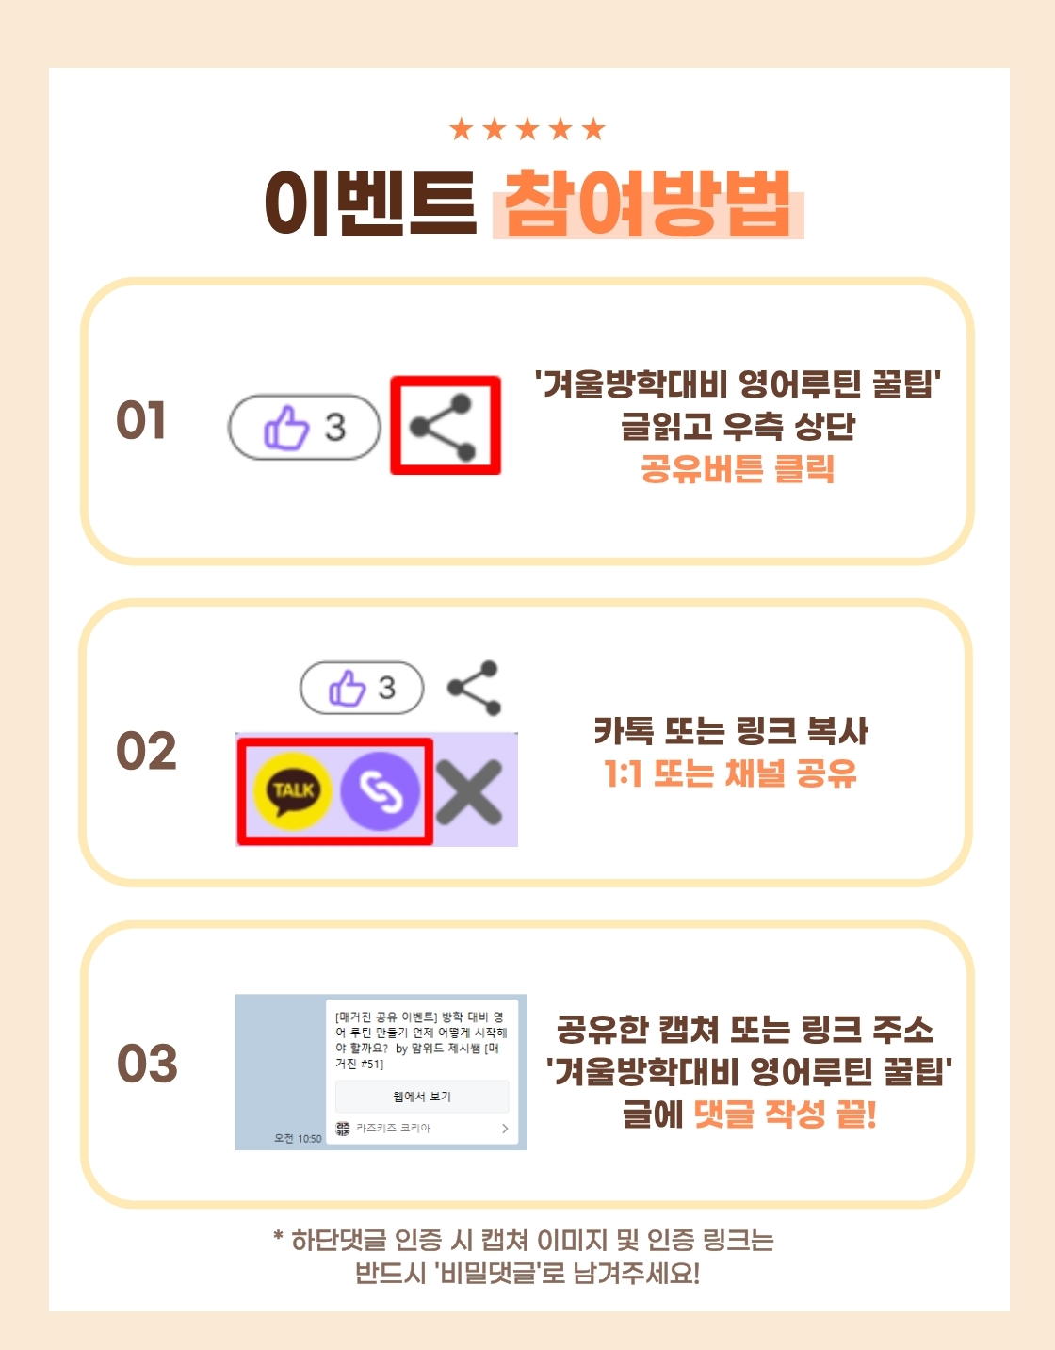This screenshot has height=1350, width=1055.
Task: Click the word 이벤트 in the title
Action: pos(371,203)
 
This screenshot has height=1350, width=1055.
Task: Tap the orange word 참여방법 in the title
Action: pos(648,203)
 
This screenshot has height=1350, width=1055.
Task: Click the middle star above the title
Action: pos(527,129)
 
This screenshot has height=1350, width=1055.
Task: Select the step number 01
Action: pos(141,420)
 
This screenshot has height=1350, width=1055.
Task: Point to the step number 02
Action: pos(147,751)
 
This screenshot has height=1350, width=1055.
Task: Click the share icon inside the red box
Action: pos(443,428)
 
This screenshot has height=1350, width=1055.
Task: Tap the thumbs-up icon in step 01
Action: pos(286,428)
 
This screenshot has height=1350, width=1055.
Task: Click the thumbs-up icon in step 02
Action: pos(347,688)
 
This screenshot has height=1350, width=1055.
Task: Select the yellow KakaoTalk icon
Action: pos(293,791)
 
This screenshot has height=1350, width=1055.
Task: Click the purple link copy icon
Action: pos(380,791)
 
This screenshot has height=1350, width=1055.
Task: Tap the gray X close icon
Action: pos(469,792)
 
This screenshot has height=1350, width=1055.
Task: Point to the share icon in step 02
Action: pos(474,688)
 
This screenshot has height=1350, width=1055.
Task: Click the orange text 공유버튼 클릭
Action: pos(738,468)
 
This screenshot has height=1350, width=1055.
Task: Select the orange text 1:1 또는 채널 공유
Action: pos(731,773)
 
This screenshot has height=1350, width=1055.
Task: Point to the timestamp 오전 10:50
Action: pos(298,1139)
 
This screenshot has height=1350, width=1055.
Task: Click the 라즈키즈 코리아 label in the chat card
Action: pos(393,1128)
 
